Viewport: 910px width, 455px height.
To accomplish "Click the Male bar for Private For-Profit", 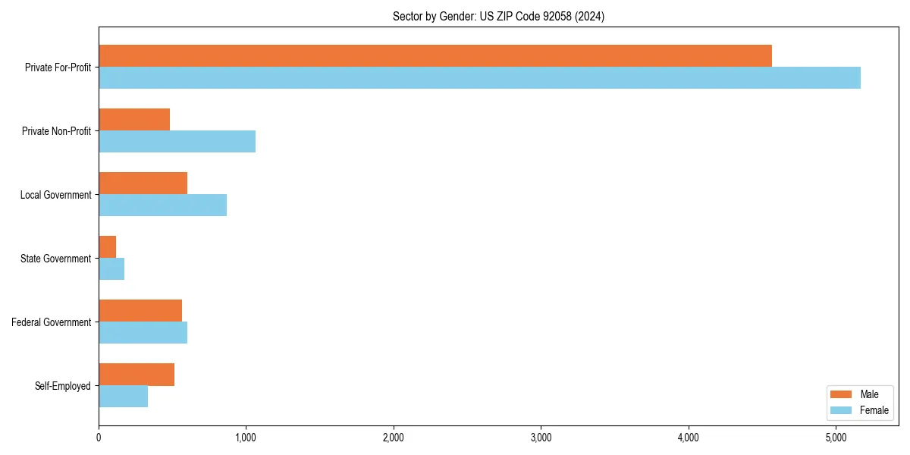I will [435, 56].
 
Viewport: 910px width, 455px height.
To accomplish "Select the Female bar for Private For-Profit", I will [479, 77].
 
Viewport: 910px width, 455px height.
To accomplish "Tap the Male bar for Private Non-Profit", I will [134, 120].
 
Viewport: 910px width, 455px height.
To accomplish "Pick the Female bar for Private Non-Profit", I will [177, 141].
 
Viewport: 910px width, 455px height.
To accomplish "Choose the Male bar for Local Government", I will [143, 184].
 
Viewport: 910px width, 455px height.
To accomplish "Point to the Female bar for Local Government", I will [162, 205].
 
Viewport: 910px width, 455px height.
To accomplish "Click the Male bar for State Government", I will [108, 247].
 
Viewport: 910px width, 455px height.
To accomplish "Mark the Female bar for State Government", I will [111, 268].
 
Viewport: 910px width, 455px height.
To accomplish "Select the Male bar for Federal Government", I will [140, 311].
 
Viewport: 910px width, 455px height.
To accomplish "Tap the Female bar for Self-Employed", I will [123, 396].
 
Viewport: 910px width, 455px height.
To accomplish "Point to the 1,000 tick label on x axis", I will [245, 438].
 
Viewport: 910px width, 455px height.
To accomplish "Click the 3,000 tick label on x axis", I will [541, 438].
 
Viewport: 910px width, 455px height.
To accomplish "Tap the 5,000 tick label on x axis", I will [836, 438].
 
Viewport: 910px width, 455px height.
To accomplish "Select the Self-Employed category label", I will [63, 386].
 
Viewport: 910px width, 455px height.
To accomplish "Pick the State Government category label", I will [56, 259].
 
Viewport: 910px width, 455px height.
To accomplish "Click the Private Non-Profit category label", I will [56, 131].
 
